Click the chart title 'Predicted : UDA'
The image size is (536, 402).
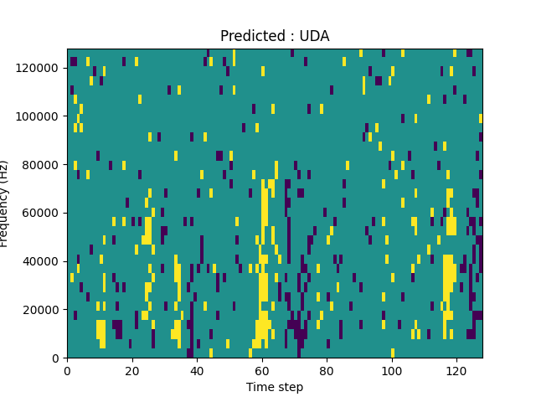[x=275, y=36]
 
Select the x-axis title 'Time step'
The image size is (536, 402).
[x=275, y=387]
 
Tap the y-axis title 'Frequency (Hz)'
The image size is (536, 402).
[x=5, y=204]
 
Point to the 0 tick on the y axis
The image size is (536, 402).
[x=56, y=358]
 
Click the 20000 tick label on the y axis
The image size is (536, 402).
[x=43, y=310]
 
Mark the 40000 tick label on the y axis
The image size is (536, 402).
[x=43, y=261]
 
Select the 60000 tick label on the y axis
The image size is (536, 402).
[x=43, y=213]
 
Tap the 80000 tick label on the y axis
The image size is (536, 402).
[x=43, y=164]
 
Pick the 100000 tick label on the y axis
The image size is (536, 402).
[x=40, y=116]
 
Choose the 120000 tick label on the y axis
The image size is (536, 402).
[x=40, y=67]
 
